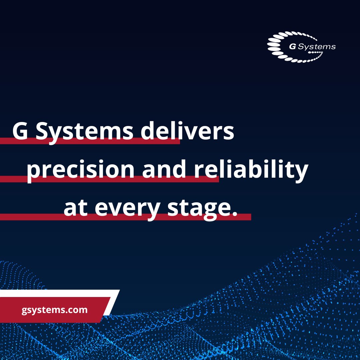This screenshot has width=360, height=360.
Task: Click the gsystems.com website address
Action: coord(55,310)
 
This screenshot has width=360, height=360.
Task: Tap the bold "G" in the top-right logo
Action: coord(292,47)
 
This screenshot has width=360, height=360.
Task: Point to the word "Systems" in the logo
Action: coord(316,47)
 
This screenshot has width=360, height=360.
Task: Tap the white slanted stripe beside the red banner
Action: coord(112,302)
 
